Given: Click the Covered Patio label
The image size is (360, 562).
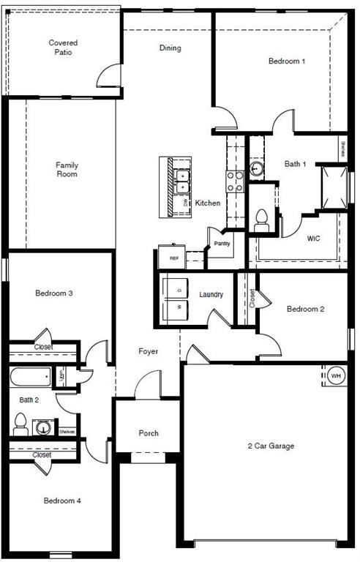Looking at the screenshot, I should pyautogui.click(x=63, y=48).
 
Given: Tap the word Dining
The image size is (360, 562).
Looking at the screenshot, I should pyautogui.click(x=170, y=48).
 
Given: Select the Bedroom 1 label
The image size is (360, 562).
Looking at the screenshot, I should pyautogui.click(x=286, y=61).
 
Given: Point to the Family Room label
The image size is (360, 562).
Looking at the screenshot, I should pyautogui.click(x=67, y=170).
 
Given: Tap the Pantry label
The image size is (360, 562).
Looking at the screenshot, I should pyautogui.click(x=222, y=244).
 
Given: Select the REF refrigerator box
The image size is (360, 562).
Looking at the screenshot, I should pyautogui.click(x=174, y=258).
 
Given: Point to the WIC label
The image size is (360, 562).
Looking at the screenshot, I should pyautogui.click(x=313, y=239).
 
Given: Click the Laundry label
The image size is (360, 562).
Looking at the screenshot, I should pyautogui.click(x=211, y=295).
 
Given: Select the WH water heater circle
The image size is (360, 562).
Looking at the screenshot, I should pyautogui.click(x=336, y=376).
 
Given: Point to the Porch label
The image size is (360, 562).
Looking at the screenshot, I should pyautogui.click(x=149, y=433).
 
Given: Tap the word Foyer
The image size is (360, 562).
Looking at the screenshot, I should pyautogui.click(x=148, y=352).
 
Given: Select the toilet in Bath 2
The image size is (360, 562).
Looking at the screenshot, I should pyautogui.click(x=20, y=424).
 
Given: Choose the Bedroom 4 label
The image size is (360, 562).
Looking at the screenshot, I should pyautogui.click(x=61, y=501).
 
